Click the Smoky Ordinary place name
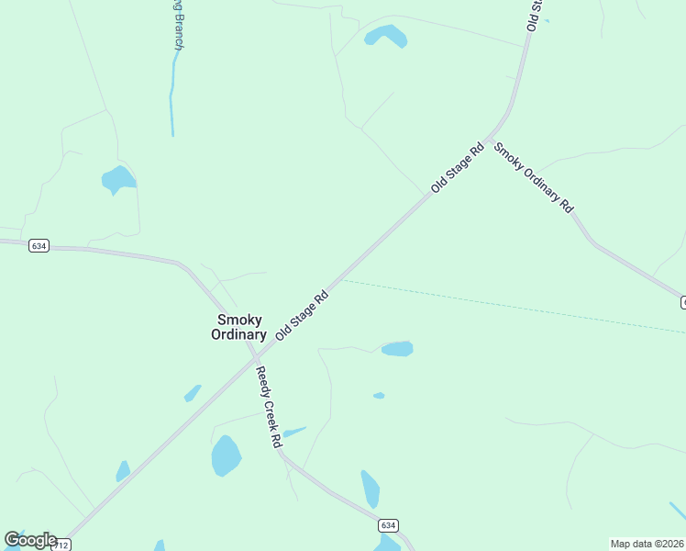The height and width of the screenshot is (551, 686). click(x=238, y=327)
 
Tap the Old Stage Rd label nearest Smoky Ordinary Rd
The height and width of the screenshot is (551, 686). click(x=458, y=168)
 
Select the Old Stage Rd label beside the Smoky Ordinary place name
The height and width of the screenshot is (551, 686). click(x=302, y=317)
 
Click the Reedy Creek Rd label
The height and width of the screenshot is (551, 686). click(x=269, y=407)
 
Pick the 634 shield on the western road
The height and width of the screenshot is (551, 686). click(x=38, y=246)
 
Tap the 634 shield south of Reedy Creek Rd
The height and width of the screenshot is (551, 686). click(x=388, y=525)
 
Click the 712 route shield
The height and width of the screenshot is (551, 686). click(x=61, y=545)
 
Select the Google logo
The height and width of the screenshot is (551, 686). click(x=30, y=540)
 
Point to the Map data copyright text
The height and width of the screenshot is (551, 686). click(x=647, y=543)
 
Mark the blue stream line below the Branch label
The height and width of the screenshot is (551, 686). click(x=171, y=101)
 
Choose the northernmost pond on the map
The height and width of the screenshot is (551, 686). click(x=385, y=36)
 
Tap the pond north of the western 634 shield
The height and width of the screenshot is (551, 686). click(x=117, y=179)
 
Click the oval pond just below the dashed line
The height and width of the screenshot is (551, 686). click(x=397, y=349)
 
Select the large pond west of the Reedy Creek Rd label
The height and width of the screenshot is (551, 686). click(x=226, y=455)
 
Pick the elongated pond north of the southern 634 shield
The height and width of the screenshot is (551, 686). click(x=370, y=489)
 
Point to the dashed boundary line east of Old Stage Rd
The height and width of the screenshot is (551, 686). click(x=514, y=306)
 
